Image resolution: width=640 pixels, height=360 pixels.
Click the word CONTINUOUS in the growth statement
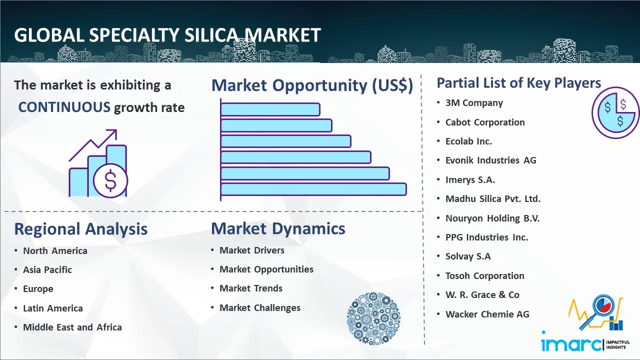coord(64,107)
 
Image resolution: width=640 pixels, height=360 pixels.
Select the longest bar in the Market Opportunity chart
coord(313,189)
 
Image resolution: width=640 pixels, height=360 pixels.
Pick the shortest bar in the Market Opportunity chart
coord(270,109)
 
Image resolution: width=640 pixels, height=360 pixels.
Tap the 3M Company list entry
coord(474,103)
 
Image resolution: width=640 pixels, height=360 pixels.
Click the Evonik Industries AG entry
coord(490,160)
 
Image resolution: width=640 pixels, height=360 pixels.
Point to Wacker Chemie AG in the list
coord(487,314)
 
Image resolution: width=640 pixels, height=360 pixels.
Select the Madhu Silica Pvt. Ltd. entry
coord(493,199)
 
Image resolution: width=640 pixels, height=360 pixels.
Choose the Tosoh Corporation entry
coord(484,276)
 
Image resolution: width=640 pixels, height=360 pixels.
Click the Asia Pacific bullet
coord(47,270)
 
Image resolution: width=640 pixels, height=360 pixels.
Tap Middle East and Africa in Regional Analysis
coord(72,327)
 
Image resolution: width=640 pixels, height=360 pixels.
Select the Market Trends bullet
coord(251,288)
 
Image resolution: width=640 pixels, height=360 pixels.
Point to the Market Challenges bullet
coord(259,308)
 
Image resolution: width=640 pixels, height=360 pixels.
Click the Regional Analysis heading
coord(81,229)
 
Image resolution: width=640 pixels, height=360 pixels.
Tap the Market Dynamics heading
coord(278,228)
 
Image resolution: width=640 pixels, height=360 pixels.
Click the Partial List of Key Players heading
coord(519,83)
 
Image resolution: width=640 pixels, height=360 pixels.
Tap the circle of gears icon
coord(373,318)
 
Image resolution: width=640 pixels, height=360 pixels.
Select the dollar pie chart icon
coord(615,113)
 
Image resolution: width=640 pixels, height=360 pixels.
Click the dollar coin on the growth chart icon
coord(110,181)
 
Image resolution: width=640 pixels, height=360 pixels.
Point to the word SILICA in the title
coord(211,35)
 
